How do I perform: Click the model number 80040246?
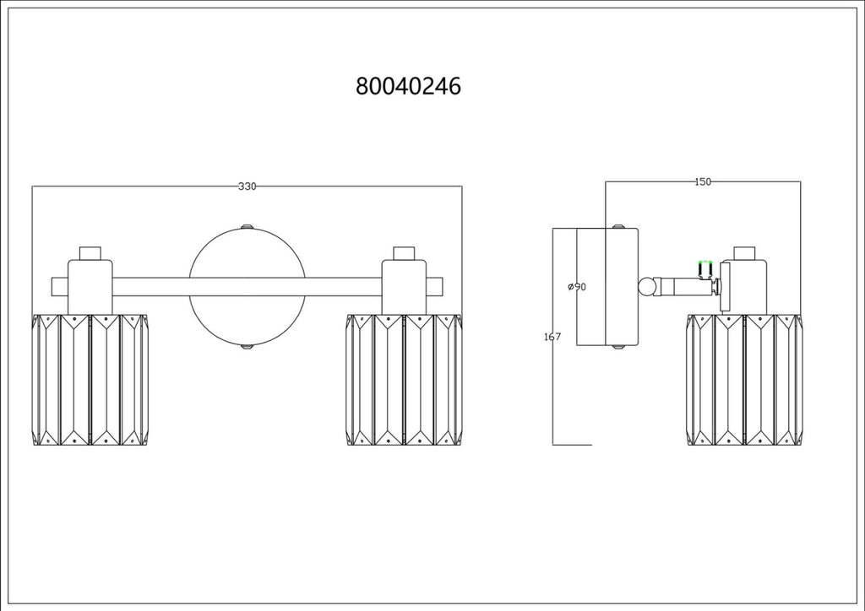click(408, 86)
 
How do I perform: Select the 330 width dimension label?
click(248, 187)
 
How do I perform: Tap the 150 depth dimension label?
click(703, 181)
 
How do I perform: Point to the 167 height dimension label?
click(552, 337)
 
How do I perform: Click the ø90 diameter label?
click(577, 286)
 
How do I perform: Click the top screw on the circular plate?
click(248, 226)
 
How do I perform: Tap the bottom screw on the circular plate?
click(248, 348)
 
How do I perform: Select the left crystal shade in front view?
click(90, 380)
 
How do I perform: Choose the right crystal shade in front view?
click(405, 380)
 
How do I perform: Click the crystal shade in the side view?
click(745, 380)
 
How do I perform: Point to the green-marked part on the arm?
click(705, 269)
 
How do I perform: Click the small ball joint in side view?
click(646, 286)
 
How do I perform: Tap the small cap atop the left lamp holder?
click(90, 253)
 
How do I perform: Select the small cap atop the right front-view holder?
click(405, 253)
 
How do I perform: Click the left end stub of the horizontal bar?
click(60, 286)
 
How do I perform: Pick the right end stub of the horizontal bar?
click(435, 286)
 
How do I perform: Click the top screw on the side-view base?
click(618, 226)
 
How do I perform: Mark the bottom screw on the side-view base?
click(618, 348)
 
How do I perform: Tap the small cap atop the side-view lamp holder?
click(744, 253)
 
